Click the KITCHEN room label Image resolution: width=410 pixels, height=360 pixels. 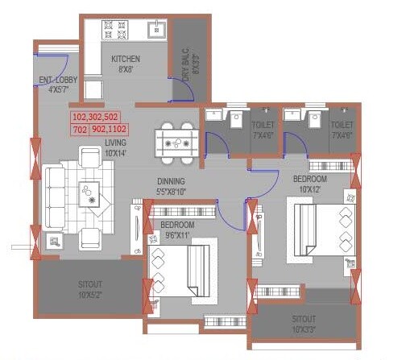tap(126, 64)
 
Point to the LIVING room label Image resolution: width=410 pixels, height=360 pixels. tap(115, 148)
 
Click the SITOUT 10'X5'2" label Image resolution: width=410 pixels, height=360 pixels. tap(90, 288)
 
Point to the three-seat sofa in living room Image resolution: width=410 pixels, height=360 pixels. tap(53, 197)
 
